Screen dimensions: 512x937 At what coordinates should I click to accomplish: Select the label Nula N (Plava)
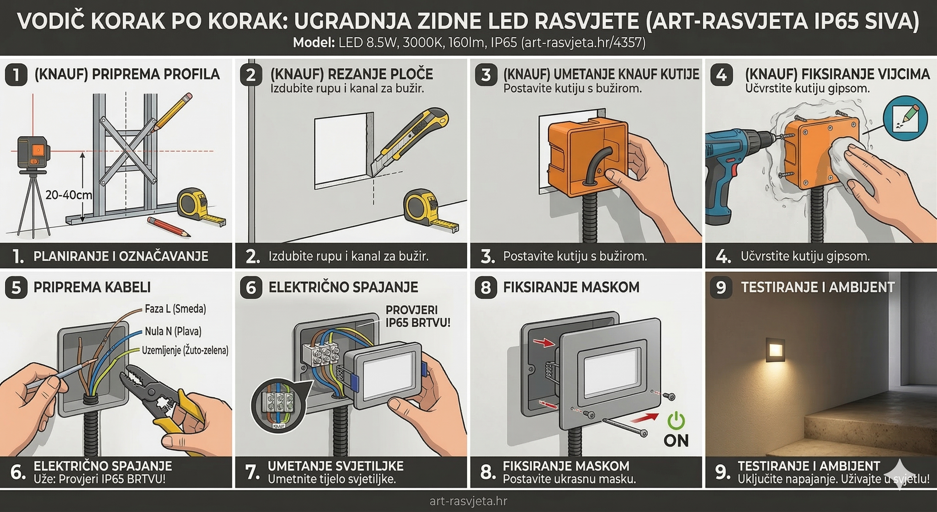173,331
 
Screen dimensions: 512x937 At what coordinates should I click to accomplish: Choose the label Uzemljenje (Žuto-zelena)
185,350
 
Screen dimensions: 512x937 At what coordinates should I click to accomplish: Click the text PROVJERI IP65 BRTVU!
418,316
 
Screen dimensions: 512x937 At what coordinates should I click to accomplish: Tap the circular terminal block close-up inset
278,406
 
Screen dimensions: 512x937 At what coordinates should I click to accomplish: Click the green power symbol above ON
676,421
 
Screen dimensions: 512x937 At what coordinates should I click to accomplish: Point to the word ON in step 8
676,441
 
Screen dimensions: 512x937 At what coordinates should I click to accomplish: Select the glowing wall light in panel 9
775,350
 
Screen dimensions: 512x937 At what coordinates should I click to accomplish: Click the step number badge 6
251,287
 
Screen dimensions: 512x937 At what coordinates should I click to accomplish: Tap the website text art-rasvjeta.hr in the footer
468,501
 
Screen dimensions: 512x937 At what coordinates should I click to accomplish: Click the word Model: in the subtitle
314,43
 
